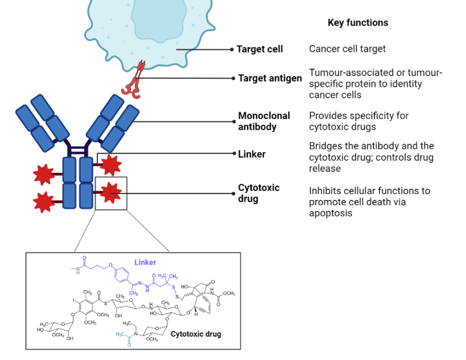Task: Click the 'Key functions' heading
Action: [x=358, y=23]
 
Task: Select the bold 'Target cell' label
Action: [x=259, y=49]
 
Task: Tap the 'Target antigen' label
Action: [x=270, y=78]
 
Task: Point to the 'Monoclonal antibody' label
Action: [x=264, y=121]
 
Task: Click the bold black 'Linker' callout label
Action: [x=252, y=154]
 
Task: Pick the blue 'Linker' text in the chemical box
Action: [x=145, y=263]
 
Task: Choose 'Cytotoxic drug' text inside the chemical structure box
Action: [x=196, y=334]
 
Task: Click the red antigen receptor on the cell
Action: [x=136, y=79]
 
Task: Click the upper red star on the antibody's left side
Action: [x=43, y=174]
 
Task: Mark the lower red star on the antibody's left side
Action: [x=43, y=202]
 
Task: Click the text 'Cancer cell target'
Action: [x=347, y=49]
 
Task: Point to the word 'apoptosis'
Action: [x=330, y=213]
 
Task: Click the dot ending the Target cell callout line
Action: [x=231, y=50]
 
